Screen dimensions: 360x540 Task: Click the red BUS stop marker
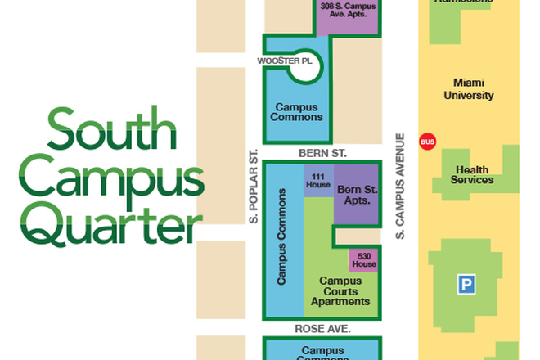coord(427,141)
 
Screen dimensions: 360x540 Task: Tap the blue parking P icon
coord(466,285)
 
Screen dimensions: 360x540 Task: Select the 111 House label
coord(318,182)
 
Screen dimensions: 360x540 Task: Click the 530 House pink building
coord(364,260)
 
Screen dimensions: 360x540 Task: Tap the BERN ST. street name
coord(322,153)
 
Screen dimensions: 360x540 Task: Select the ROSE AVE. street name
coord(322,328)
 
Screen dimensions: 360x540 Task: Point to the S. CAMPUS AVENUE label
coord(401,187)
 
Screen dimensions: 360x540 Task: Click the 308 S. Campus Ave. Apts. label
coord(348,10)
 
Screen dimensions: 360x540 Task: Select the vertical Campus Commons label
coord(282,237)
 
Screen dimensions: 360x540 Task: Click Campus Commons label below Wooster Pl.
coord(299,111)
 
